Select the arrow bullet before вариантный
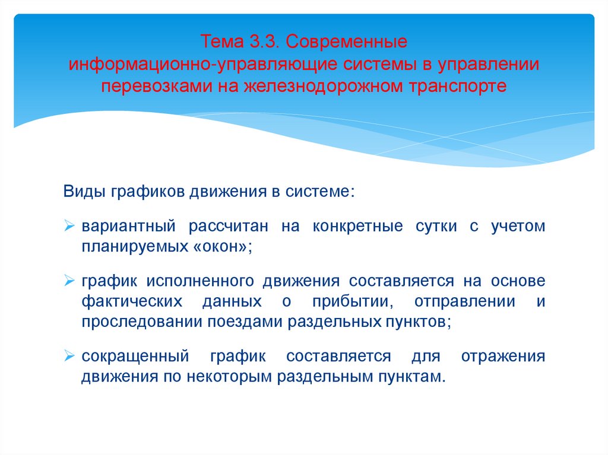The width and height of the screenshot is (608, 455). (x=69, y=227)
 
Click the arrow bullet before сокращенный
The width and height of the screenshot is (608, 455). (x=69, y=357)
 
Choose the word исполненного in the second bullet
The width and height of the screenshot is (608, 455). (x=210, y=280)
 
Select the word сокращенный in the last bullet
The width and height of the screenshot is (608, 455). (x=135, y=356)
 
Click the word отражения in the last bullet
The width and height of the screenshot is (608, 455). (x=502, y=356)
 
